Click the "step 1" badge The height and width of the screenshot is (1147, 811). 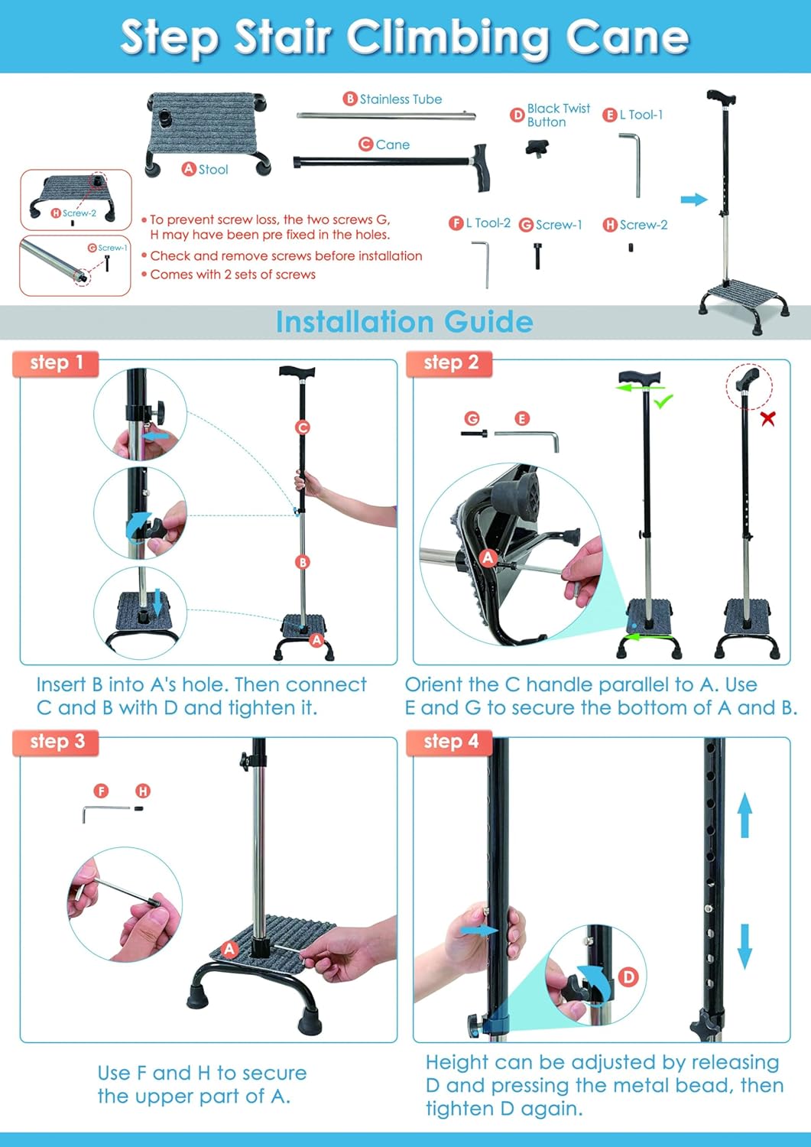pos(56,362)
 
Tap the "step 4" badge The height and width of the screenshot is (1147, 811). pos(451,741)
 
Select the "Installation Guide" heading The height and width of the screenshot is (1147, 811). pos(404,322)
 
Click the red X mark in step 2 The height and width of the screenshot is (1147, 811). pos(767,418)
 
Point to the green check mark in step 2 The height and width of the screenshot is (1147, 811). pos(663,401)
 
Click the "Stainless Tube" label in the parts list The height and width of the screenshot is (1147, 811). pos(401,99)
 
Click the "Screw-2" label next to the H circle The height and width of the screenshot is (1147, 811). pos(644,225)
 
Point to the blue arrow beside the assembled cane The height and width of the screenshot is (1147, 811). pos(693,200)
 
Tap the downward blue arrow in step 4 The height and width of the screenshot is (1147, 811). pos(744,946)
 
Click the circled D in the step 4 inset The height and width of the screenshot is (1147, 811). pos(628,976)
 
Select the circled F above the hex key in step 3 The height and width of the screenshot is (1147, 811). pos(101,791)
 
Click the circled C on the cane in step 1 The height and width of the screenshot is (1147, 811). pos(303,427)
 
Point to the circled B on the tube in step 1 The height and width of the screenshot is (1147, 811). pos(303,562)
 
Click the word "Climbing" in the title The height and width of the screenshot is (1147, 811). pos(447,37)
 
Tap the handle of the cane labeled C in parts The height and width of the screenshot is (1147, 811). pos(481,167)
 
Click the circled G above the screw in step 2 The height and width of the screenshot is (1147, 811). pos(472,418)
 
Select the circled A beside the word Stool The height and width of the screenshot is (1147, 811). pos(189,169)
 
